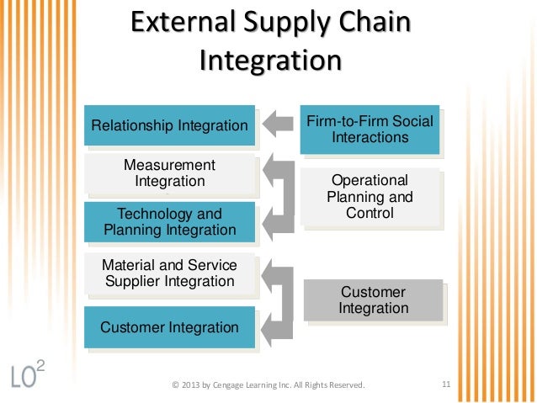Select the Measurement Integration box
169,173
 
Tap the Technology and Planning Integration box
169,222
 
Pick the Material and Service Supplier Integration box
169,273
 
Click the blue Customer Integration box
169,326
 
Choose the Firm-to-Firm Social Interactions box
370,130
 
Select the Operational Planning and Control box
370,198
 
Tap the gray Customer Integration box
373,300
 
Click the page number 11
446,385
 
